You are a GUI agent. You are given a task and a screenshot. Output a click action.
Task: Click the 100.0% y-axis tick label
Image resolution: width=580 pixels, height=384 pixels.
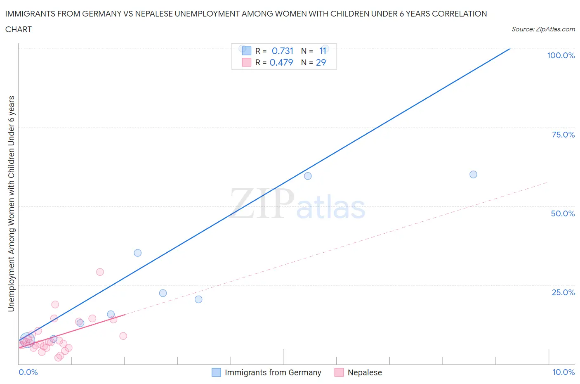click(561, 55)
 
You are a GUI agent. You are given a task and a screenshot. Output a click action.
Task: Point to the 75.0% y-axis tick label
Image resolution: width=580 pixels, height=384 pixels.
click(563, 135)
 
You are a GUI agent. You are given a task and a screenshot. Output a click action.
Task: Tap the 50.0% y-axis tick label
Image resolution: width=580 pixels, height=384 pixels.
click(563, 213)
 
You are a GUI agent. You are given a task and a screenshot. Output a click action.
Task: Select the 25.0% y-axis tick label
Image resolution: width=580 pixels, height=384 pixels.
click(563, 292)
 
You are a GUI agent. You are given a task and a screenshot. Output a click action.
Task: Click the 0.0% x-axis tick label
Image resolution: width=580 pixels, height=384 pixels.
click(28, 372)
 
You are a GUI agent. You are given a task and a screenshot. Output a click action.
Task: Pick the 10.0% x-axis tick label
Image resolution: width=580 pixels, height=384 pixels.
click(563, 372)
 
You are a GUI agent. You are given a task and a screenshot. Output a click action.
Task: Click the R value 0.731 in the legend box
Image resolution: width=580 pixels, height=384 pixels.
click(283, 51)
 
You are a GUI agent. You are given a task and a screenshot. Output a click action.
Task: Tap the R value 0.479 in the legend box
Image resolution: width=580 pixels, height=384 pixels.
click(281, 62)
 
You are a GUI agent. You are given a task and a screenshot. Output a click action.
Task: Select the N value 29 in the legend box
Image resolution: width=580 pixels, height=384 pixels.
click(321, 62)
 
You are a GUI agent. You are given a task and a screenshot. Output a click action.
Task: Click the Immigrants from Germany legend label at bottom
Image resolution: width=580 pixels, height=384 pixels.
click(273, 372)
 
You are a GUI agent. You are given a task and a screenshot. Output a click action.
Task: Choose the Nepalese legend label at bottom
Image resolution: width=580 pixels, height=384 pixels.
click(365, 372)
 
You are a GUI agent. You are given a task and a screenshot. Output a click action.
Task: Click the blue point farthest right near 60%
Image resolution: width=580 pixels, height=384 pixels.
click(473, 174)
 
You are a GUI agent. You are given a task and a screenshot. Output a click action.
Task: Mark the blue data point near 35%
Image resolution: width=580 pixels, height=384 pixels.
click(138, 253)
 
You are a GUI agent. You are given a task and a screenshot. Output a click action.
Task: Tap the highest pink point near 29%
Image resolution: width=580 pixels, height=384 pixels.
click(100, 272)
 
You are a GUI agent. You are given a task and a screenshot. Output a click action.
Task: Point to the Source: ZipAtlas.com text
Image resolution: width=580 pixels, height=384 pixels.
click(543, 29)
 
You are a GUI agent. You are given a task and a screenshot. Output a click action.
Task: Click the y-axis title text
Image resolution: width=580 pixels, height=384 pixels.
click(11, 204)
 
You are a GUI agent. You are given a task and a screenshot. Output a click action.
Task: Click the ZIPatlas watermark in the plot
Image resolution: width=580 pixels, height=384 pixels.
click(297, 204)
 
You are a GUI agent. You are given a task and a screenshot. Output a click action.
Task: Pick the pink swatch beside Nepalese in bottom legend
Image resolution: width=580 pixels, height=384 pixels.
click(339, 372)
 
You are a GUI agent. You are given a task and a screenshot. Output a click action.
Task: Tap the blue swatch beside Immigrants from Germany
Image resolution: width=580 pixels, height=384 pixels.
click(216, 372)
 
